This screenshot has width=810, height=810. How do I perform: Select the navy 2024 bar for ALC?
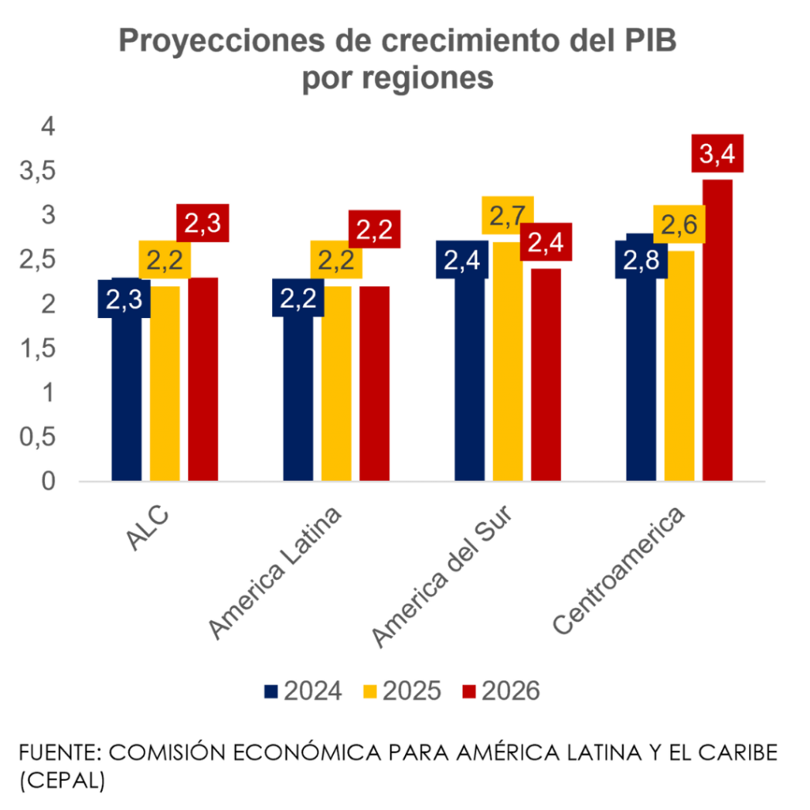click(x=127, y=396)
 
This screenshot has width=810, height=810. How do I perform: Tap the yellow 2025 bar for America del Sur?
click(x=508, y=364)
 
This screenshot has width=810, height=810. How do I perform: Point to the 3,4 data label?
click(x=717, y=153)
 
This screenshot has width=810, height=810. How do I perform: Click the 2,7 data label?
click(x=508, y=216)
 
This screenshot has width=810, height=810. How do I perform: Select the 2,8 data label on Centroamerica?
click(x=641, y=260)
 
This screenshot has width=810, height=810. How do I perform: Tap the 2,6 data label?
click(x=679, y=225)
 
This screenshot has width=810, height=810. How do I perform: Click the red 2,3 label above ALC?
click(x=202, y=224)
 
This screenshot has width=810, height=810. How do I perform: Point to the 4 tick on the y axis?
click(x=48, y=127)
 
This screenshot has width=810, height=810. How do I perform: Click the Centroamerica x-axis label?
click(x=619, y=570)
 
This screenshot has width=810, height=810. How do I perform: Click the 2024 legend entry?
click(x=303, y=691)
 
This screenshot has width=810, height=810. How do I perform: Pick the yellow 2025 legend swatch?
click(x=369, y=692)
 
